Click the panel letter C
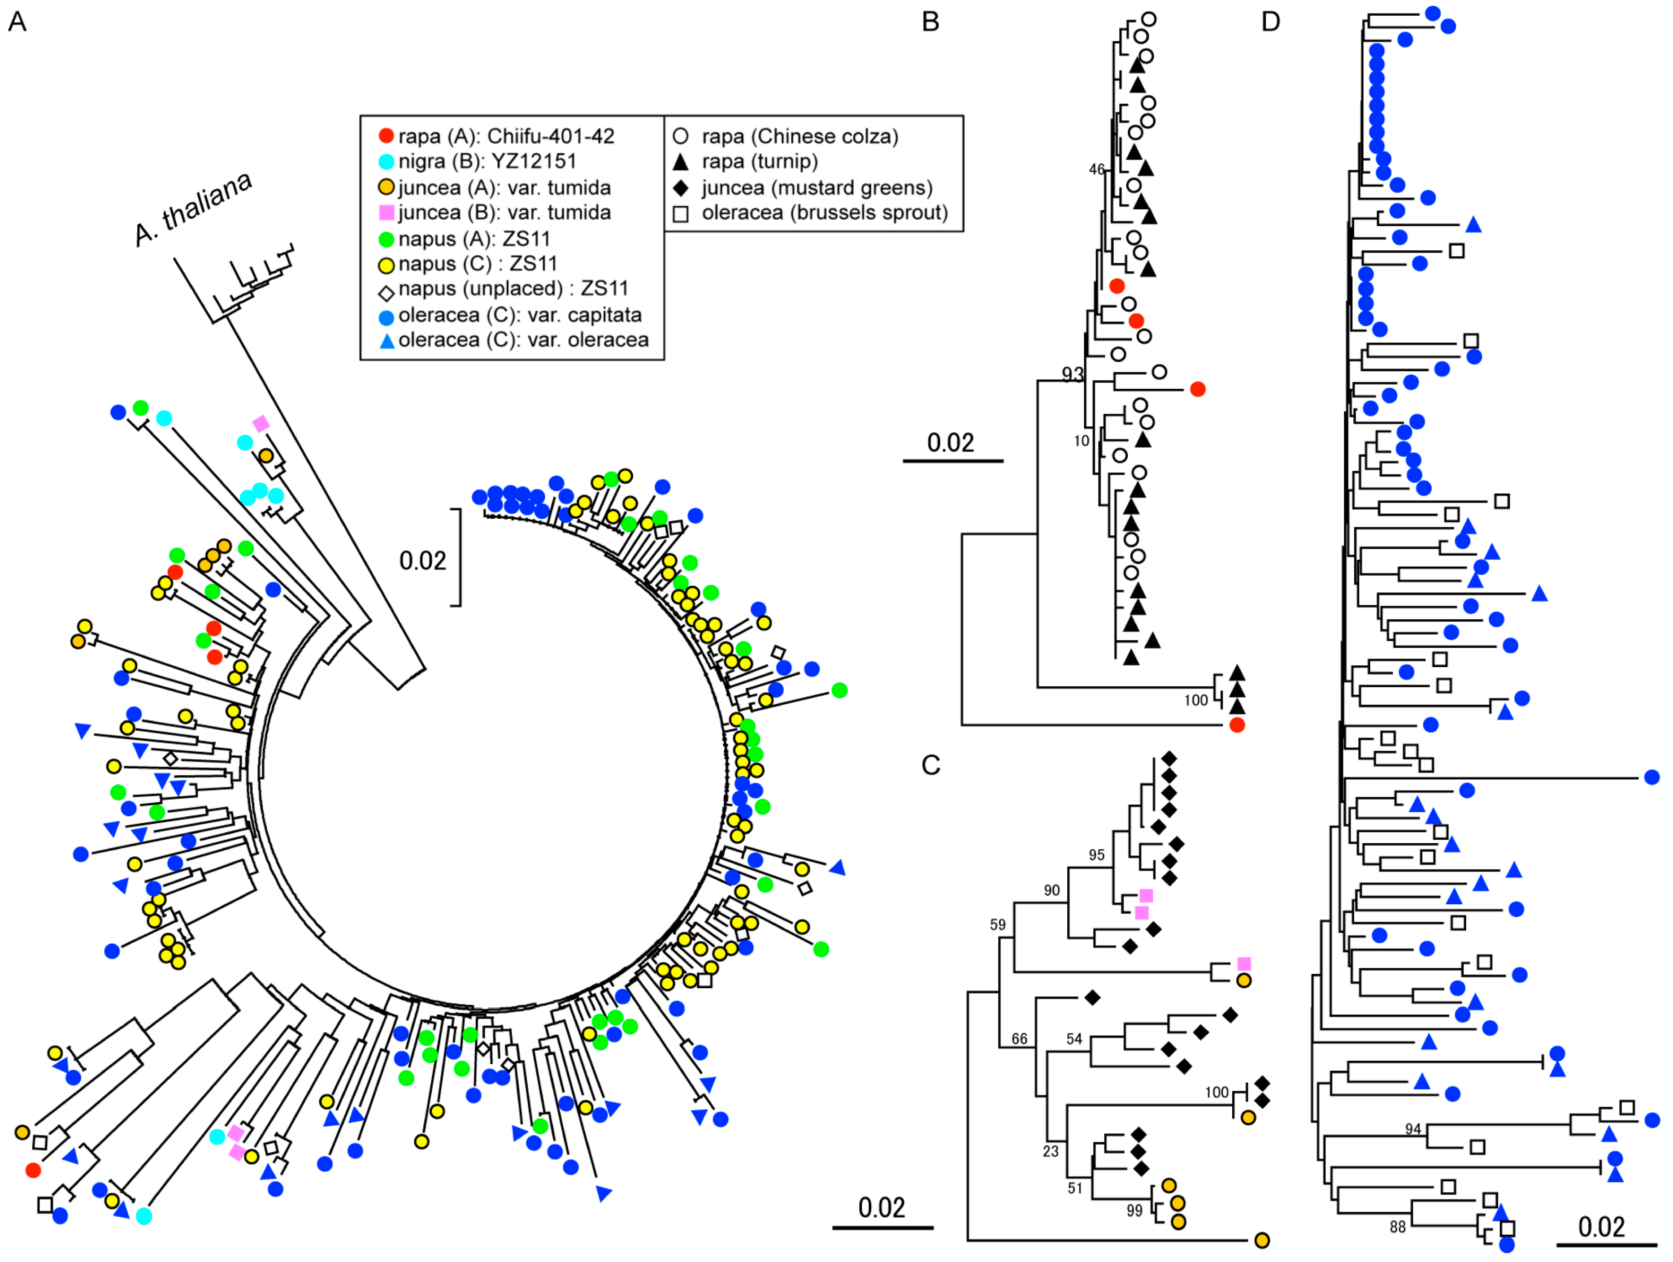click(x=930, y=765)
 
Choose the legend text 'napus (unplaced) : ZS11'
click(x=513, y=289)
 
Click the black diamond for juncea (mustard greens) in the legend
click(x=680, y=187)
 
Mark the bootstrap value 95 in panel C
click(x=1097, y=855)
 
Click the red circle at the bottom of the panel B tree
click(x=1237, y=725)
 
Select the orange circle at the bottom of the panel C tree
click(x=1261, y=1240)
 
